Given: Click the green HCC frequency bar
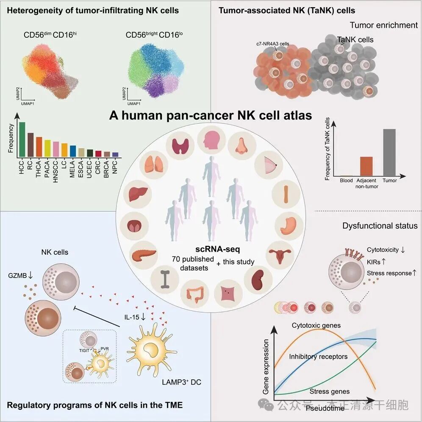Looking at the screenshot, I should coord(22,140).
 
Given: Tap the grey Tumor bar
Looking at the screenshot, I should coord(389,152).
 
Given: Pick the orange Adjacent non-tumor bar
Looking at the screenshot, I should coord(366,166).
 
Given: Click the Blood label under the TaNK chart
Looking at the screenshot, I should coord(346,181).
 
